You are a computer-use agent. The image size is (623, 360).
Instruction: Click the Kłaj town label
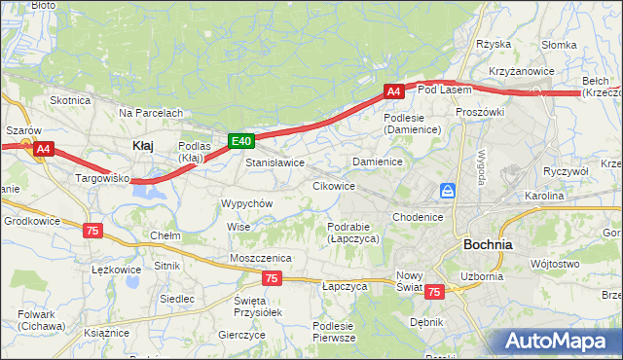(142, 145)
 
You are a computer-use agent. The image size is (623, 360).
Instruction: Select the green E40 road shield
(242, 141)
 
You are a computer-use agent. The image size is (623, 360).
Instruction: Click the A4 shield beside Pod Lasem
(393, 91)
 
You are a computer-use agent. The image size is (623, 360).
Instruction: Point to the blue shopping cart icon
(448, 190)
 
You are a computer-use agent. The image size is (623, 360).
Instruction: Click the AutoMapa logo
(559, 342)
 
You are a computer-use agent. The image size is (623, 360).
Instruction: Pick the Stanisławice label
(275, 162)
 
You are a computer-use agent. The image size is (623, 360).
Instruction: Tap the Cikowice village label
(333, 185)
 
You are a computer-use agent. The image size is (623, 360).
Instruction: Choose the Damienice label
(379, 161)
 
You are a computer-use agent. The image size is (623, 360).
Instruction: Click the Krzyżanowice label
(523, 71)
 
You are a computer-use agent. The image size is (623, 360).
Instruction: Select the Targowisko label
(103, 179)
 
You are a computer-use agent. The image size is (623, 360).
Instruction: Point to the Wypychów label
(247, 203)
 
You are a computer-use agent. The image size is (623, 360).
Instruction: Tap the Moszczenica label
(261, 257)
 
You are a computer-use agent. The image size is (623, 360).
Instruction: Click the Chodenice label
(420, 217)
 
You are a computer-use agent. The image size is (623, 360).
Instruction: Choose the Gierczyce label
(242, 334)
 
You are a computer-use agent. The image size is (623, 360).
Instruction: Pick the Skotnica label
(70, 100)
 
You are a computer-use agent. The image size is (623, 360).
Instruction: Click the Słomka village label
(560, 45)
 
